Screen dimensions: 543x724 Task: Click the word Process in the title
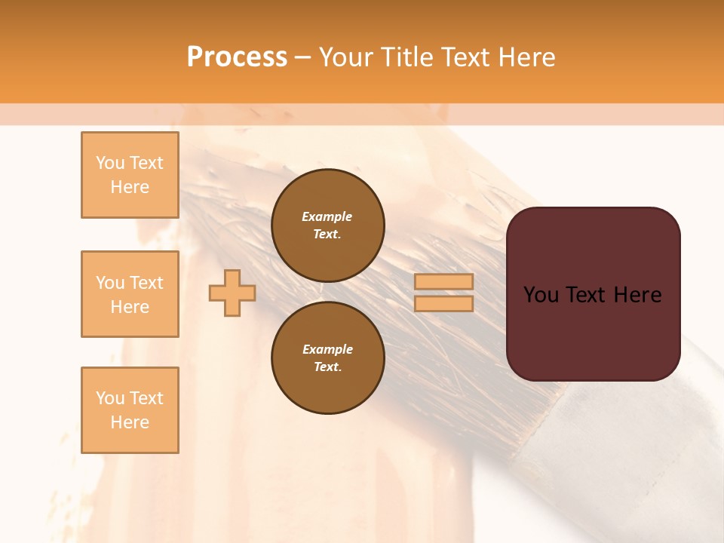point(237,57)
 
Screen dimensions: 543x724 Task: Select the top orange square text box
point(130,175)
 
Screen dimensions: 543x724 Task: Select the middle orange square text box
point(130,294)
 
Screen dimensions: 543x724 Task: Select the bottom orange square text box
point(130,410)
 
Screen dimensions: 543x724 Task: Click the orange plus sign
point(232,293)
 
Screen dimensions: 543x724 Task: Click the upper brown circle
point(328,225)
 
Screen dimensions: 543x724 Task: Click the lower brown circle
point(328,358)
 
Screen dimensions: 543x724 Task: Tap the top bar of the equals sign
point(444,282)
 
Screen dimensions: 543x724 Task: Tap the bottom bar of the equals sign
point(444,303)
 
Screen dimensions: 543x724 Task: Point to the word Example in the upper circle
point(327,216)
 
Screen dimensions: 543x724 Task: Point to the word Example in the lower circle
point(327,349)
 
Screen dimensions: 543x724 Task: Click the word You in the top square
point(110,163)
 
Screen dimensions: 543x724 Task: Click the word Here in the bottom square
point(130,422)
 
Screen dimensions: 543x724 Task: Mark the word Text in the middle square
point(146,283)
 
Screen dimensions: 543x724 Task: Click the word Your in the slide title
point(347,57)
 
